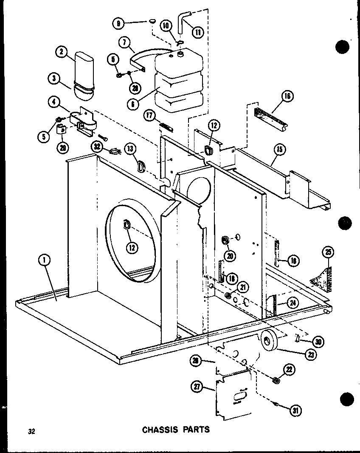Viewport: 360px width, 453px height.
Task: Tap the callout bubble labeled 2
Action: click(x=62, y=52)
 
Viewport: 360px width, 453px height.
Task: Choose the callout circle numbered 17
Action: click(x=149, y=115)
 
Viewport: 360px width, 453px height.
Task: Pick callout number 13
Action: click(x=130, y=148)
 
